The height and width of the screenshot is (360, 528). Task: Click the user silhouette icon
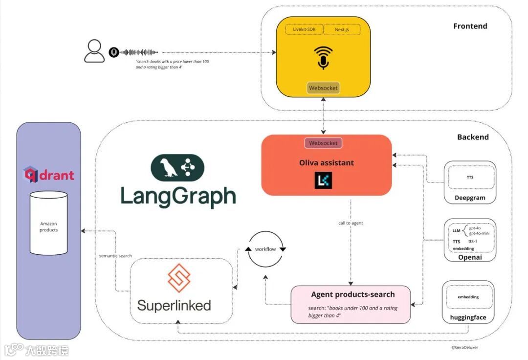(x=94, y=51)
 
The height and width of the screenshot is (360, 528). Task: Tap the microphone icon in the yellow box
(x=323, y=57)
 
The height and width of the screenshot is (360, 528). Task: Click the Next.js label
(x=342, y=30)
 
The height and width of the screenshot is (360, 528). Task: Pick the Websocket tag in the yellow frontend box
(x=323, y=88)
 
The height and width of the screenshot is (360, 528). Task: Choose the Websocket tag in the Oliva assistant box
(x=323, y=143)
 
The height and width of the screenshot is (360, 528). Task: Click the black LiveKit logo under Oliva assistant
(x=323, y=180)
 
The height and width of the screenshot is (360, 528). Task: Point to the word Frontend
(x=470, y=26)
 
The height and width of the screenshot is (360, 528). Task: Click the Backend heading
(x=473, y=137)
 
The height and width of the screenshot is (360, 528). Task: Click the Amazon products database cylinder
(x=48, y=223)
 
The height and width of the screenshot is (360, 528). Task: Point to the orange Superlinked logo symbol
(x=176, y=278)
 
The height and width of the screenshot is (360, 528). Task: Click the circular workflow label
(x=265, y=249)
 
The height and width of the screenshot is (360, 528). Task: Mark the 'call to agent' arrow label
(x=351, y=223)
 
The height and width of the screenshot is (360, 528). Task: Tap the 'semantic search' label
(x=115, y=255)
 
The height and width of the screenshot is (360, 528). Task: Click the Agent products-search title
(x=352, y=294)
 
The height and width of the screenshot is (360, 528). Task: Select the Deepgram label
(x=470, y=198)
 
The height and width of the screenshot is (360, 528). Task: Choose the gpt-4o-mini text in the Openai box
(x=479, y=233)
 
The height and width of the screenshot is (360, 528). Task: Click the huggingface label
(x=468, y=317)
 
